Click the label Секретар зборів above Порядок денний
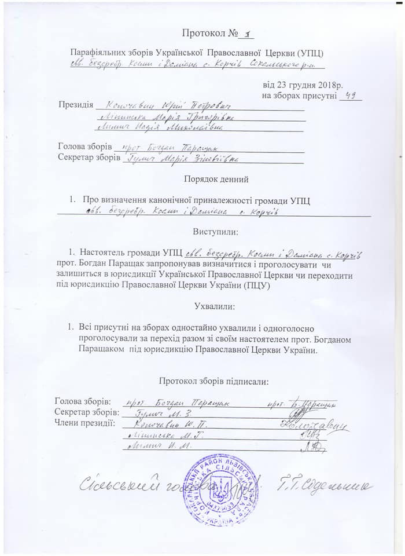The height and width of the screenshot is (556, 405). (x=89, y=157)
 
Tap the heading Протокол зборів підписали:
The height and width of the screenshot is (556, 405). (x=213, y=381)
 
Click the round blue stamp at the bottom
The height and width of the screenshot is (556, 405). (x=220, y=489)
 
